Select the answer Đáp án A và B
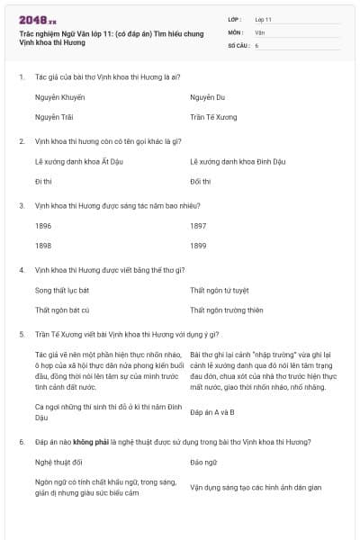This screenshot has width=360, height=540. [x=212, y=411]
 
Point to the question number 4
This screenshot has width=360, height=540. [x=22, y=269]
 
